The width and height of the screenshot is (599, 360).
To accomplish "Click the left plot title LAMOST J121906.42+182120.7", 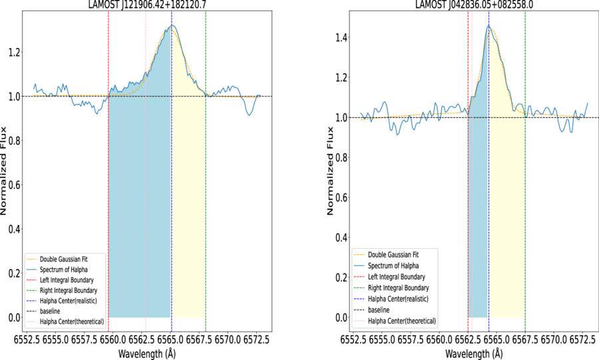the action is point(148,5).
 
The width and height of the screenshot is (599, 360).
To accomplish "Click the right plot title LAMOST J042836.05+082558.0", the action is point(475,5).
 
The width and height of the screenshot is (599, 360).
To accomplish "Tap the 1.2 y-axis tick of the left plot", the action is point(14,53).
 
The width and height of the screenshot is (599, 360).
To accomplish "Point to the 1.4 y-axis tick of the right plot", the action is point(341,38).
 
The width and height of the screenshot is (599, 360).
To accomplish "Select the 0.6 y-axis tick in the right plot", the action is point(341,198).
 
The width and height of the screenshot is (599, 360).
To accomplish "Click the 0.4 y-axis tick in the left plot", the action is point(14,230).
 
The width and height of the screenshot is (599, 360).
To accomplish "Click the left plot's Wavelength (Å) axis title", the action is point(147,353).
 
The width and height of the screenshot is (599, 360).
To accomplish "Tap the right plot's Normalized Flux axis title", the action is point(330,171).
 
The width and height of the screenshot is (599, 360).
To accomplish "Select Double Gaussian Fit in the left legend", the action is point(64,260).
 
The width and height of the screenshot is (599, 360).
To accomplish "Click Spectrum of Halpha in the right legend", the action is point(393,266).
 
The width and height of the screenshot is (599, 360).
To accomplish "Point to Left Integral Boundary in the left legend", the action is point(67,280).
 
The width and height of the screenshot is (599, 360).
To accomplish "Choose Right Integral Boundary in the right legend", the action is point(399,288).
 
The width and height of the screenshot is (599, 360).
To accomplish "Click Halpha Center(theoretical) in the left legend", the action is point(72,322).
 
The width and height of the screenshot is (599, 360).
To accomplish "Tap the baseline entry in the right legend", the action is point(379,310).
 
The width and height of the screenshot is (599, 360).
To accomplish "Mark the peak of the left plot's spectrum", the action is point(172,25).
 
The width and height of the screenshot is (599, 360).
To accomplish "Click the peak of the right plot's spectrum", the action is point(489,25).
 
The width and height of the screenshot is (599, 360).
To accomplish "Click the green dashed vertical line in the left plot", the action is point(206,172).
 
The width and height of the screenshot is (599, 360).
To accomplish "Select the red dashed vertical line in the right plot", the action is point(468,172).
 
